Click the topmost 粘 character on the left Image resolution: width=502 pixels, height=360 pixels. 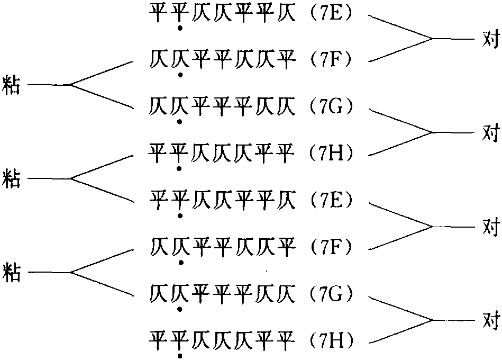[12, 85]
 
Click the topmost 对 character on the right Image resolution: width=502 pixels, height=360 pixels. [491, 39]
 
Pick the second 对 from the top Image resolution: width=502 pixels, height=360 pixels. [491, 132]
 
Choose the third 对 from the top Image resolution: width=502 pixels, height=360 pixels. [491, 227]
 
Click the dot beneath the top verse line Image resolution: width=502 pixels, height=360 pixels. [180, 28]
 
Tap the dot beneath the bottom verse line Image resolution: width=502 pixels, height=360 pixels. [180, 356]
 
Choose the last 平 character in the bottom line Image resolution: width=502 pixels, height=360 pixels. [286, 339]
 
